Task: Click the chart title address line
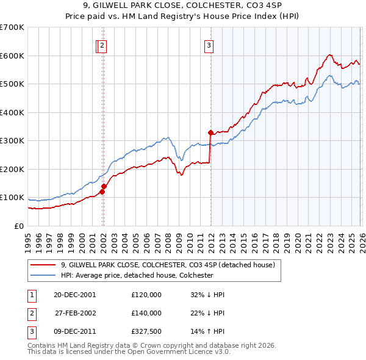(183, 5)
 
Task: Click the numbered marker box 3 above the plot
(209, 45)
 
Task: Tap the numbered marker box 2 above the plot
(102, 45)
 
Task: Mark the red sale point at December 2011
(210, 132)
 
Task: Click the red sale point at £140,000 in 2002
(104, 186)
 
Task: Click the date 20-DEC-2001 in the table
(75, 294)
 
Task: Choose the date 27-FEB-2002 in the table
(75, 312)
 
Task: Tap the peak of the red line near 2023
(329, 55)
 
